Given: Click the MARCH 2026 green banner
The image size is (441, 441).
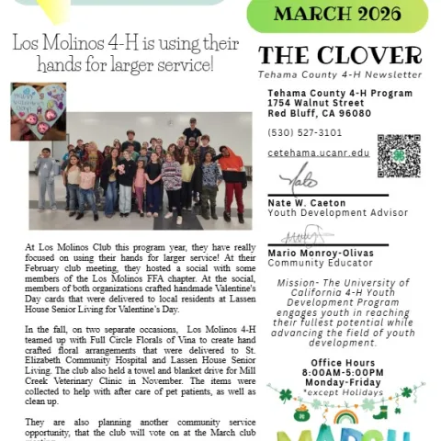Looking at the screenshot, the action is (338, 15).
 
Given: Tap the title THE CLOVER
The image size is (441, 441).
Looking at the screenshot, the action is (340, 54).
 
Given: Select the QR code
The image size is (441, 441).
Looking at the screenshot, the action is (398, 155).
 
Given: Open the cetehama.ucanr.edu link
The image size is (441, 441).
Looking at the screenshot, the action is (319, 153).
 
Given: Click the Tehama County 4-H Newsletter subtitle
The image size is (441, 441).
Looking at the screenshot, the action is (340, 73).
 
